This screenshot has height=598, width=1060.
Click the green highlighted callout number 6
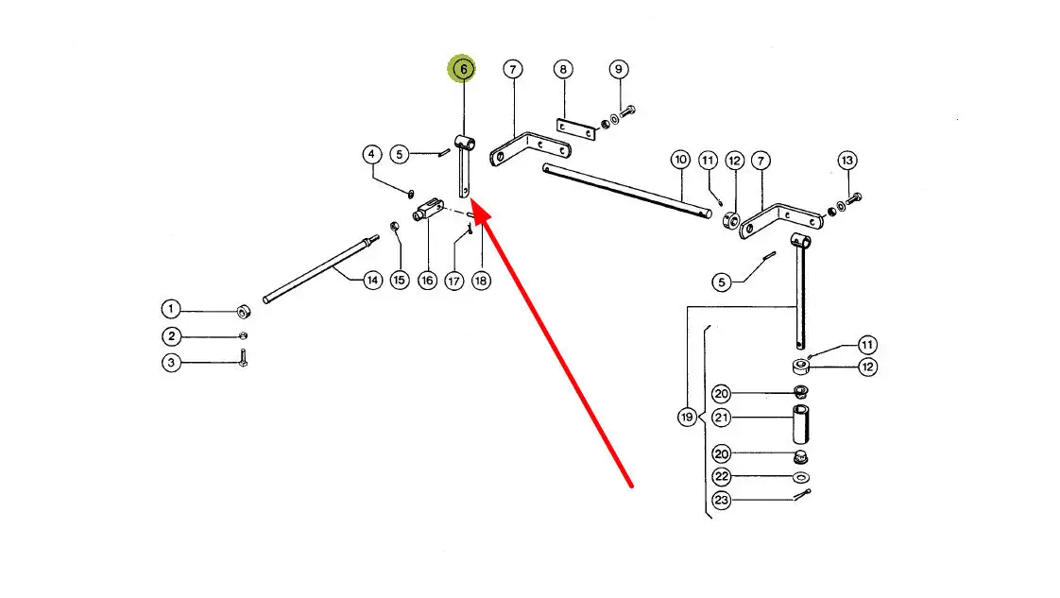(463, 69)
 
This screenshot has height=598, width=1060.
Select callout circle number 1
(170, 309)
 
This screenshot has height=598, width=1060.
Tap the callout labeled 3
(170, 362)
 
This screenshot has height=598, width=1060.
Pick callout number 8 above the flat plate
(563, 69)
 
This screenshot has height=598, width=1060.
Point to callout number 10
(680, 160)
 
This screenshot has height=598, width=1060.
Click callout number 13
(846, 160)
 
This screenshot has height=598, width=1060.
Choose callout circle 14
(372, 281)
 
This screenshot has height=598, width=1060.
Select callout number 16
(427, 281)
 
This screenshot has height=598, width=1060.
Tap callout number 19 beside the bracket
(687, 417)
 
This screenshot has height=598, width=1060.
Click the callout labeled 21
(722, 417)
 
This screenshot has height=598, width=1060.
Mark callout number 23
(722, 500)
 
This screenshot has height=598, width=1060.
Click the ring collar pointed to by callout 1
(242, 312)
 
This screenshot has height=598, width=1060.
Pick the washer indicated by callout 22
(800, 477)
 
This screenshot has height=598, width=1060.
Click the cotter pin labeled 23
(802, 496)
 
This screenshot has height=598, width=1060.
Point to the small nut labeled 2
(243, 335)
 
